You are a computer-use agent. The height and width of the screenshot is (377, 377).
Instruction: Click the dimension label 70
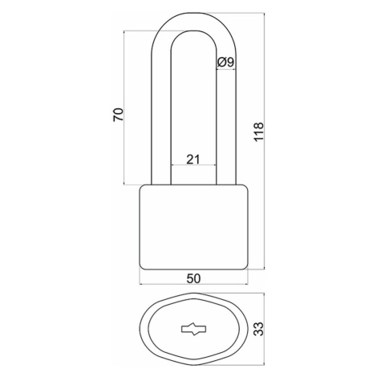pos(118,115)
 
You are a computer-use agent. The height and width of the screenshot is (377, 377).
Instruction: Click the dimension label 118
pos(258,132)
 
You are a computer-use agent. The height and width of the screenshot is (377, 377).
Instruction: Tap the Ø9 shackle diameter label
pos(225,63)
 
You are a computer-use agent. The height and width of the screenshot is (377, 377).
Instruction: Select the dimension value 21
pos(193,160)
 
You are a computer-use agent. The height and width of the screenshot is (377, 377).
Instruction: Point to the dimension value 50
pos(193,278)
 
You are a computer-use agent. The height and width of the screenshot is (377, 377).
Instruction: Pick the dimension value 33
pos(258,329)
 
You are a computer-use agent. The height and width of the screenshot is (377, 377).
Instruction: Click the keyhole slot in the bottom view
pos(193,329)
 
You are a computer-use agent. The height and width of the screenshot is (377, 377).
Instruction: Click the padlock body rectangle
pos(193,227)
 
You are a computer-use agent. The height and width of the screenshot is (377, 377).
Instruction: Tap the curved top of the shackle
pos(193,22)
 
